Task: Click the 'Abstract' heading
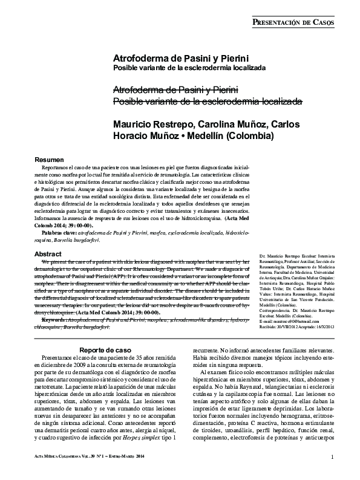tap(48, 253)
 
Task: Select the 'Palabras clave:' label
tap(59, 232)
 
